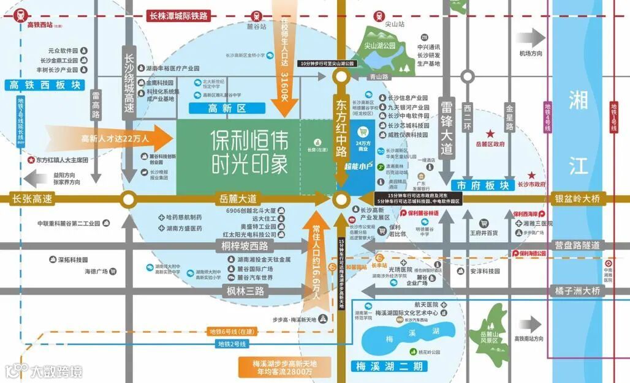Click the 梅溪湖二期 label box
(x=389, y=366)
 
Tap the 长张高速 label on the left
(x=32, y=199)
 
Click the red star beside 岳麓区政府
(x=490, y=133)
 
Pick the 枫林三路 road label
(x=245, y=291)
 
